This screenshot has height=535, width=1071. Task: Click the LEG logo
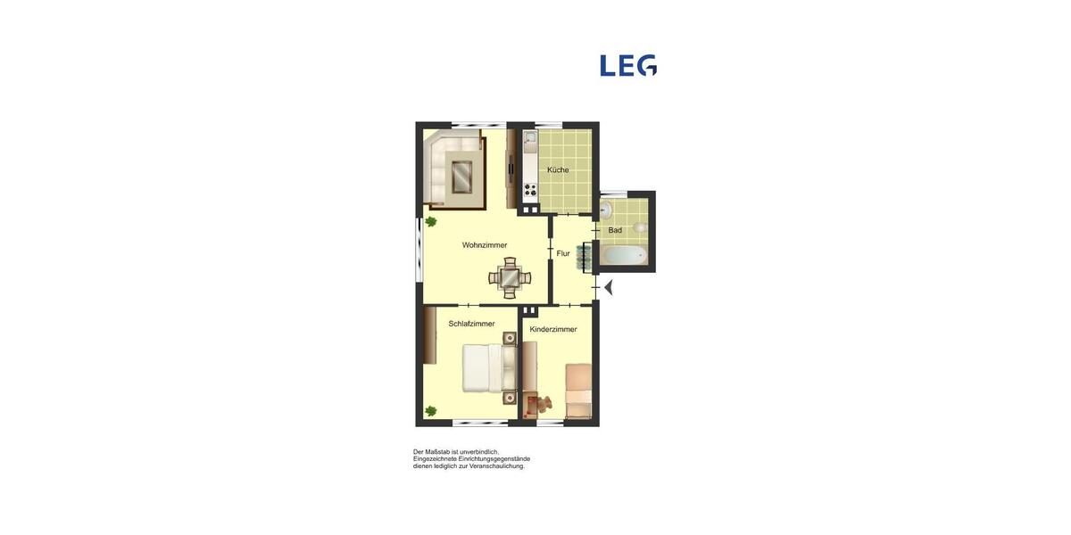pyautogui.click(x=628, y=65)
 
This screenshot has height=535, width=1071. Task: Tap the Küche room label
pyautogui.click(x=558, y=170)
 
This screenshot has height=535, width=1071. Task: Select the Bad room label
pyautogui.click(x=615, y=230)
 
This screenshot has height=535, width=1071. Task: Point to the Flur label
pyautogui.click(x=563, y=254)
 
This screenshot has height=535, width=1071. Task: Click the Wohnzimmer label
pyautogui.click(x=485, y=245)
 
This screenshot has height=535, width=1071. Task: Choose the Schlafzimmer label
pyautogui.click(x=471, y=324)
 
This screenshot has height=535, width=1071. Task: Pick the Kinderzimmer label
pyautogui.click(x=553, y=329)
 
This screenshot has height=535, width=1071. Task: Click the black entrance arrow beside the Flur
pyautogui.click(x=609, y=287)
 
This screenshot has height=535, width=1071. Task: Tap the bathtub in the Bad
pyautogui.click(x=624, y=256)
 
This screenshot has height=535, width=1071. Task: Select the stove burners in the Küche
pyautogui.click(x=529, y=189)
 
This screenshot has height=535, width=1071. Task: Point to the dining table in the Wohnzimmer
pyautogui.click(x=510, y=278)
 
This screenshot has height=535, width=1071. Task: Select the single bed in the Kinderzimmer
pyautogui.click(x=579, y=389)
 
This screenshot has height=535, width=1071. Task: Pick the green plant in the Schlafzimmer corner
pyautogui.click(x=431, y=411)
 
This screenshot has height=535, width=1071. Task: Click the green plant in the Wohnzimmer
pyautogui.click(x=431, y=221)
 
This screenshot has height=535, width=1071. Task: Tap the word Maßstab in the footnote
pyautogui.click(x=441, y=452)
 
